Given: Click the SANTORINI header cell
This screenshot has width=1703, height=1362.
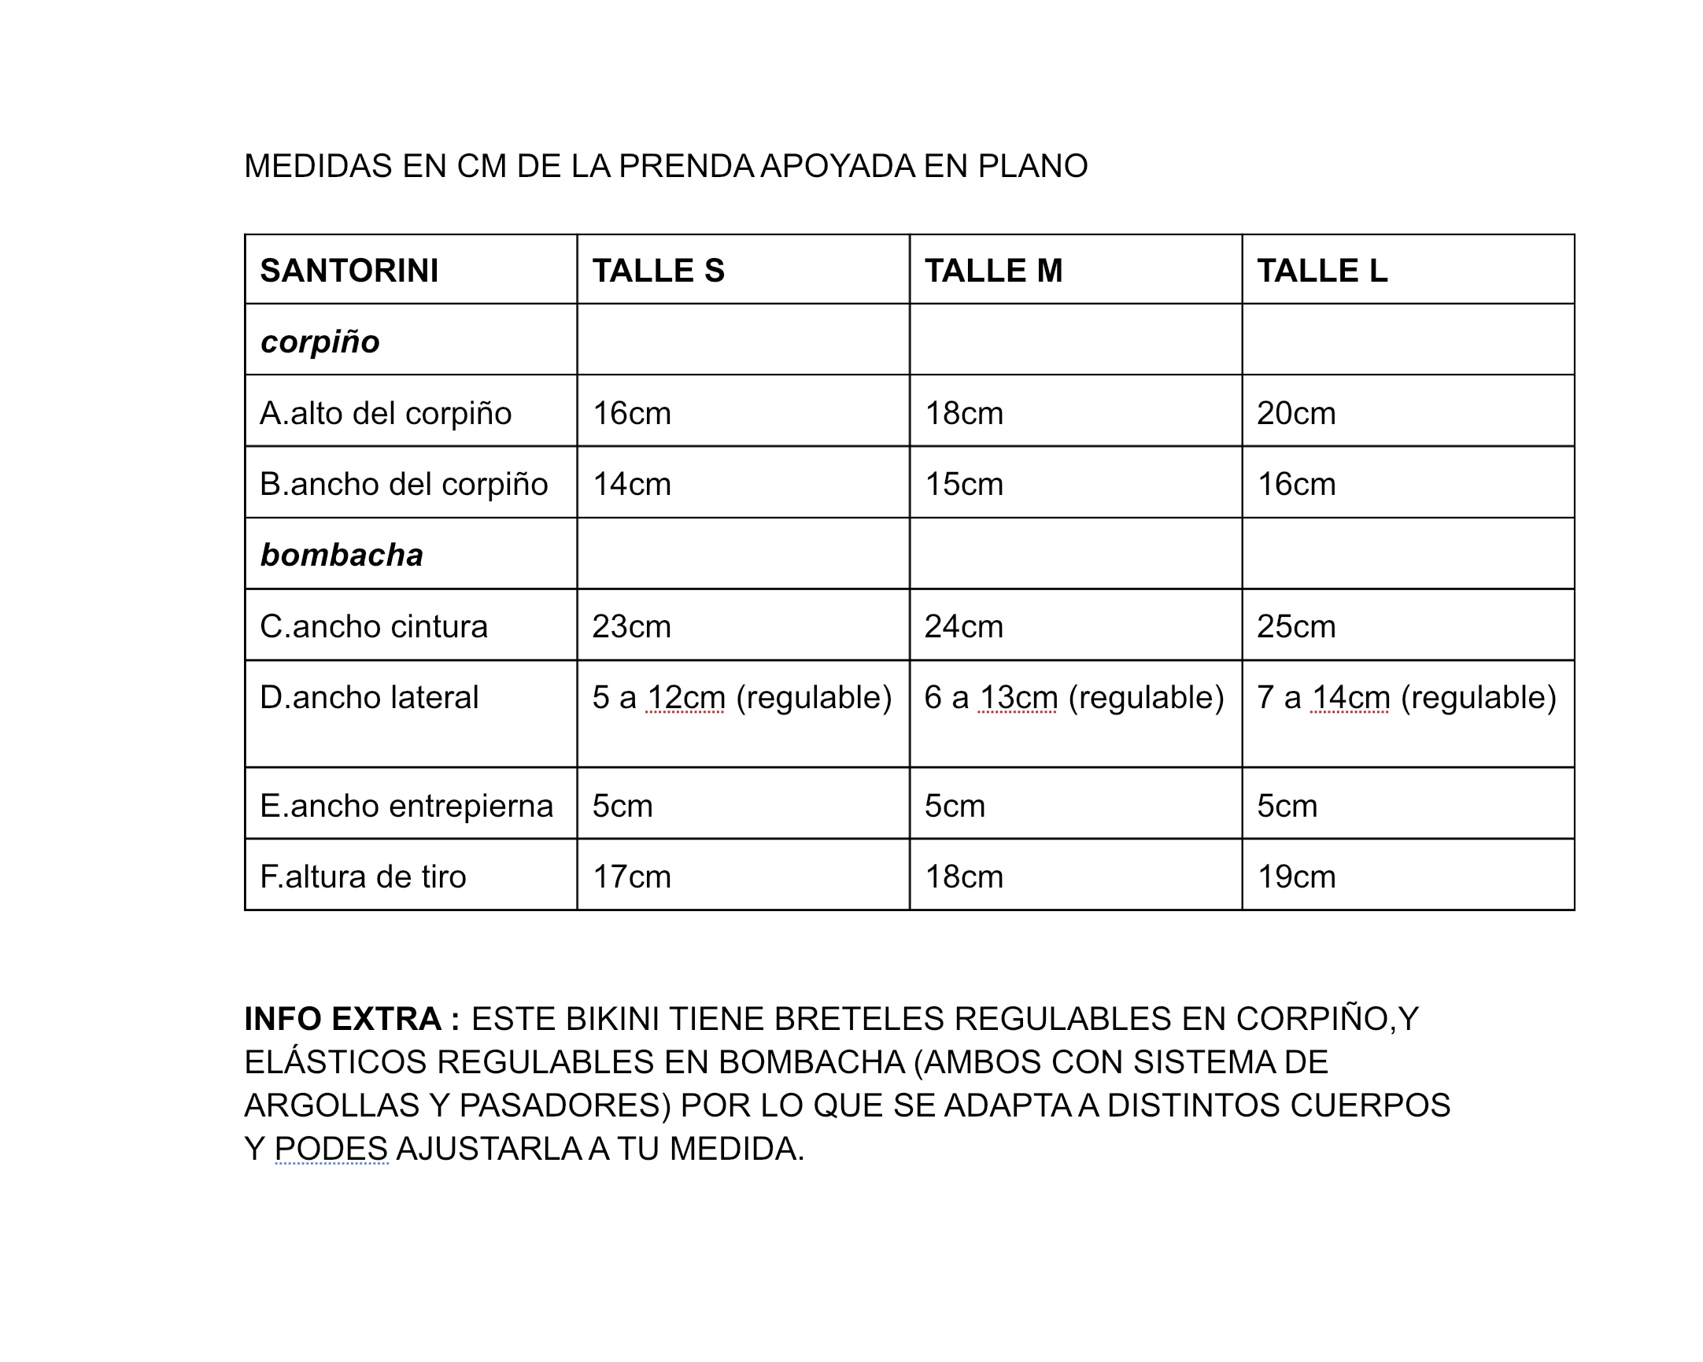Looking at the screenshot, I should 349,271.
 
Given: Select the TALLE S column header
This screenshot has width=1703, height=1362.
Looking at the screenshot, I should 658,271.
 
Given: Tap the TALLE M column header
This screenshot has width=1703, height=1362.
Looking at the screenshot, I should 993,271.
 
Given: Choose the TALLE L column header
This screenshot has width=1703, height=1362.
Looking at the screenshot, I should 1321,271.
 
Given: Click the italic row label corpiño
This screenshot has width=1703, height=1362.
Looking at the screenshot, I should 320,342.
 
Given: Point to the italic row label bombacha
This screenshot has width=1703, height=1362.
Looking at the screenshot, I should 342,555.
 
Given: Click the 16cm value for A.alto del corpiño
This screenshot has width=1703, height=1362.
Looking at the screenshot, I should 631,413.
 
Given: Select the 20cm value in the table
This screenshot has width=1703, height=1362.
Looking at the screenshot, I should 1296,413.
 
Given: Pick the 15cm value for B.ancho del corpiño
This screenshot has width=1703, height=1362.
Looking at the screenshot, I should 964,484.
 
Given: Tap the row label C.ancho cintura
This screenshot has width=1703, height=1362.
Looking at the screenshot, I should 374,626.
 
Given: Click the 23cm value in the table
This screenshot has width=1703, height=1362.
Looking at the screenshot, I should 631,626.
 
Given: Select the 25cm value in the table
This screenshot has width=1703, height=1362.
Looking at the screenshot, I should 1296,626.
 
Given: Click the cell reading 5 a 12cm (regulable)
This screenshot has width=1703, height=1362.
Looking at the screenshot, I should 741,697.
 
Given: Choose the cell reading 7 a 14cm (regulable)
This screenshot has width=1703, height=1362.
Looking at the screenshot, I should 1406,697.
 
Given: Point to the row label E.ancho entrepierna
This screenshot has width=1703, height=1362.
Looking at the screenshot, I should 406,806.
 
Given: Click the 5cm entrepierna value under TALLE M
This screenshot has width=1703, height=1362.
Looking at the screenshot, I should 955,806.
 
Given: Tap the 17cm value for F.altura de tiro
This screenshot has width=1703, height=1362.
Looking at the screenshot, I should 631,877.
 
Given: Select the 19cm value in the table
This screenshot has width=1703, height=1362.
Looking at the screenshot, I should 1296,877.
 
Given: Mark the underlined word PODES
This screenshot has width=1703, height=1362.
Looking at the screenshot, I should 331,1148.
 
